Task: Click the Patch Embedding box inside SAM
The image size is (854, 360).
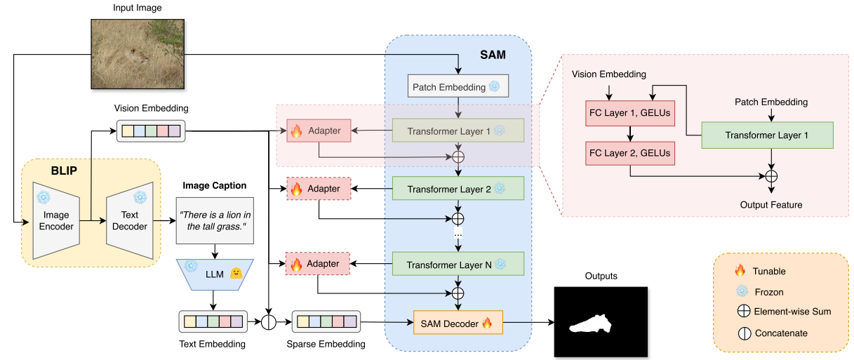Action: click(x=458, y=87)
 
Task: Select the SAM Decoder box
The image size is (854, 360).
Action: click(x=458, y=324)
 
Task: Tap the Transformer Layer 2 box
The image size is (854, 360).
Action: click(x=458, y=189)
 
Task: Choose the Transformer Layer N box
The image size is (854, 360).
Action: click(x=458, y=264)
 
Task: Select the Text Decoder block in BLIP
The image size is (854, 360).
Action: click(x=130, y=220)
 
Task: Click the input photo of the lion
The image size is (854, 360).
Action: click(x=131, y=53)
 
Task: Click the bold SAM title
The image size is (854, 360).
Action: click(x=493, y=53)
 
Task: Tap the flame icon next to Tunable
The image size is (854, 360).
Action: click(x=739, y=271)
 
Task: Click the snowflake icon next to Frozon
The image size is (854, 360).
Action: click(x=739, y=291)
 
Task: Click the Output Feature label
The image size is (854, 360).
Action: click(x=771, y=205)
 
